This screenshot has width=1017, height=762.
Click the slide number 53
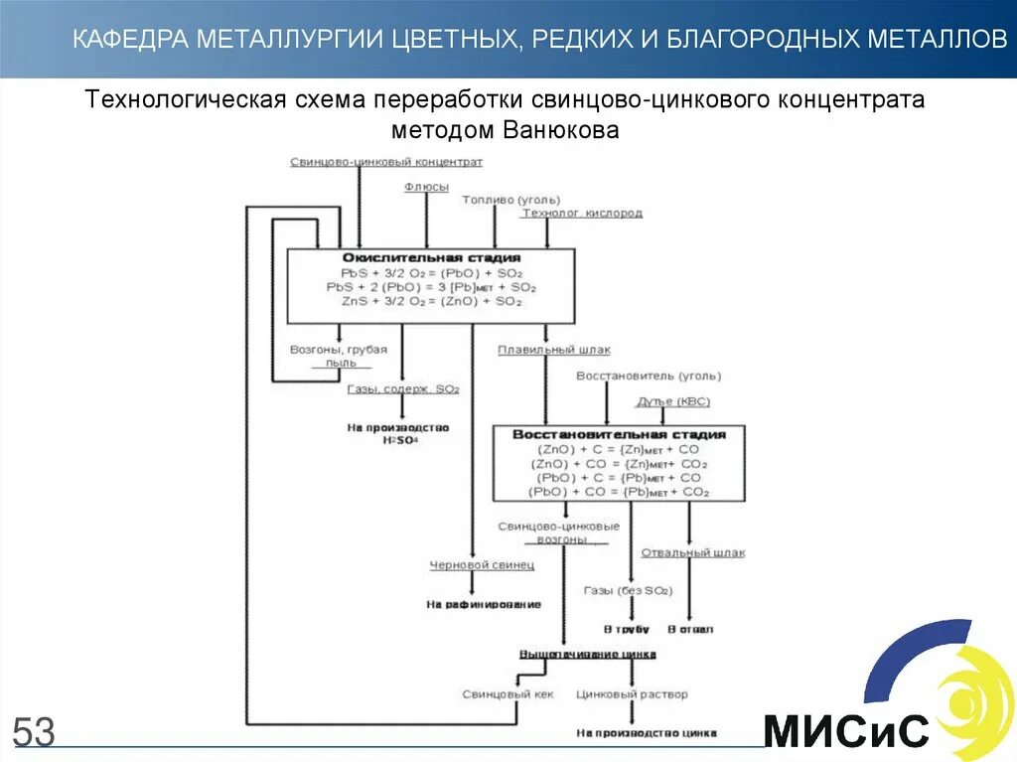[34, 732]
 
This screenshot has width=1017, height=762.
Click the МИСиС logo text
[846, 731]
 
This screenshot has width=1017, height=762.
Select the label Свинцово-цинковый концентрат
[386, 161]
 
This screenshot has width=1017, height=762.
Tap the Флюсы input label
[426, 187]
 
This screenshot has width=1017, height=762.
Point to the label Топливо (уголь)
[503, 200]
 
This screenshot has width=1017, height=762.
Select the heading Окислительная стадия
[431, 257]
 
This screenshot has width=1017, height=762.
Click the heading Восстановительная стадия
[619, 434]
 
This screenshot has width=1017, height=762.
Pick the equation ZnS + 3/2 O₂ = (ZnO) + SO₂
[431, 300]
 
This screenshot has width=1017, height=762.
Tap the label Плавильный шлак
[554, 350]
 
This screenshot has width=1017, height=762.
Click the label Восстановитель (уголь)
[649, 376]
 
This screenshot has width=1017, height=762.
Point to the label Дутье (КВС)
[672, 401]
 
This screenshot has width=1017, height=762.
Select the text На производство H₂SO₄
[398, 433]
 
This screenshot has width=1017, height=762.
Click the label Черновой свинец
[482, 565]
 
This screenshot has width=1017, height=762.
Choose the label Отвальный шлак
[692, 552]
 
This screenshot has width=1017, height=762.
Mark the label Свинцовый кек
[508, 694]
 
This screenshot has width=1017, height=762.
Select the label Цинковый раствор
[632, 694]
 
